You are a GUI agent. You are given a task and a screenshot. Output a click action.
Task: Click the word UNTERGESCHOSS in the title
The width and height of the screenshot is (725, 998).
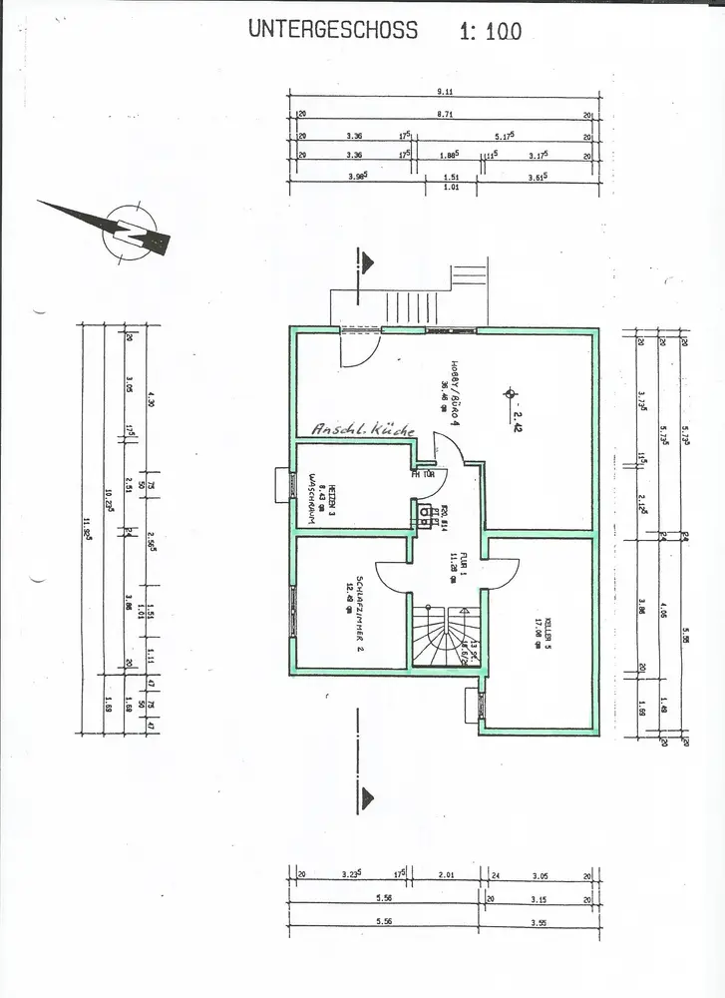pos(333,30)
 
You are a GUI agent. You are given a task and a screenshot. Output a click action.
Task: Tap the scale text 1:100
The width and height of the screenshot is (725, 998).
pos(490,31)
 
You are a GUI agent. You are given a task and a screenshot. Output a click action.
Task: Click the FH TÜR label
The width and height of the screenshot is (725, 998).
pos(424,475)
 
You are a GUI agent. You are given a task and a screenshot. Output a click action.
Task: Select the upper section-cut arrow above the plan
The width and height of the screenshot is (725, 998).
pos(367,263)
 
